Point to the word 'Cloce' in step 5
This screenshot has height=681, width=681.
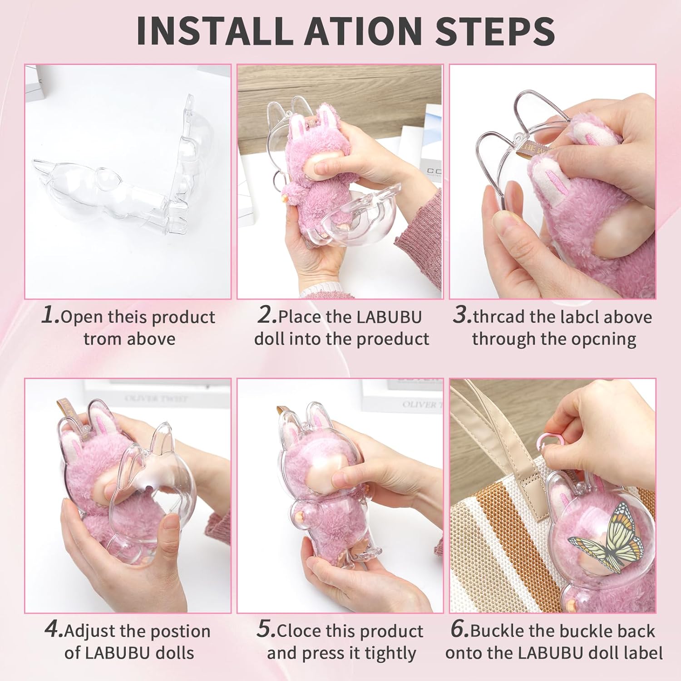click(298, 631)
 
